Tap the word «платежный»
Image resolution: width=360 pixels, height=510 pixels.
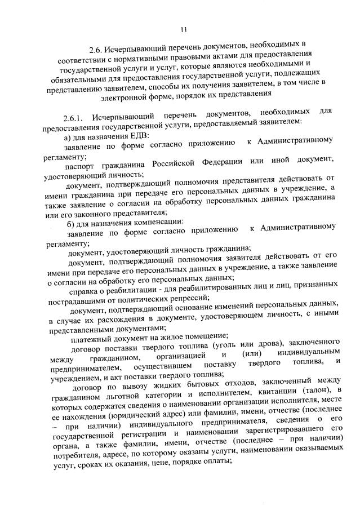90,339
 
